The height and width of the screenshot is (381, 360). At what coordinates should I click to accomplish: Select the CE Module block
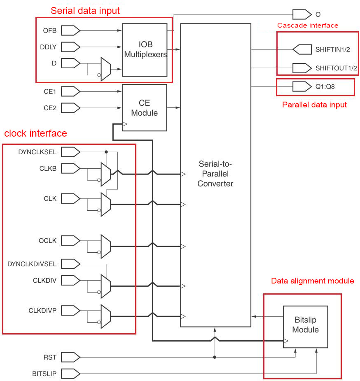point(144,107)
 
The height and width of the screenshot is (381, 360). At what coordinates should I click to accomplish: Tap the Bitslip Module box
point(305,325)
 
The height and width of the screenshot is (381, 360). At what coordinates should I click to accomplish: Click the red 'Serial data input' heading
point(85,11)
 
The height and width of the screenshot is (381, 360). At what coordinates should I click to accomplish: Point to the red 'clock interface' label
point(35,133)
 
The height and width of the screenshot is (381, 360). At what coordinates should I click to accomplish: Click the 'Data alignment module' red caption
point(312,281)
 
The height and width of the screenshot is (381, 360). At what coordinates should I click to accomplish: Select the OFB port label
point(49,30)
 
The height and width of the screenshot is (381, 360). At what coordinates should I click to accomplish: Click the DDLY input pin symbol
point(73,47)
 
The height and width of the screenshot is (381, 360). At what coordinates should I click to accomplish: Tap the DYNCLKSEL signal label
point(37,152)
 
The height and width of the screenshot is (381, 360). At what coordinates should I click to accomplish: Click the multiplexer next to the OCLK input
point(105,246)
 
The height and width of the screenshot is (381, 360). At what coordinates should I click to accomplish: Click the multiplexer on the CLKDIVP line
point(105,316)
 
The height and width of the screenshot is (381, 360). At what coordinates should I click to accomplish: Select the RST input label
point(49,357)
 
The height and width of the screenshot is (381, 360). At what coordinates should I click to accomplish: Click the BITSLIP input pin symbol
point(73,374)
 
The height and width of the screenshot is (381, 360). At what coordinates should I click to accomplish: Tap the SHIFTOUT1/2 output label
point(336,68)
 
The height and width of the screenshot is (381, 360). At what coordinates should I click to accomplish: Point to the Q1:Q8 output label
point(325,87)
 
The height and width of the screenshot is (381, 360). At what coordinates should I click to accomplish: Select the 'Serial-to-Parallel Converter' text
point(215,174)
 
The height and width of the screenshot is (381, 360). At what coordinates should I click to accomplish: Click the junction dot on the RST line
point(215,357)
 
